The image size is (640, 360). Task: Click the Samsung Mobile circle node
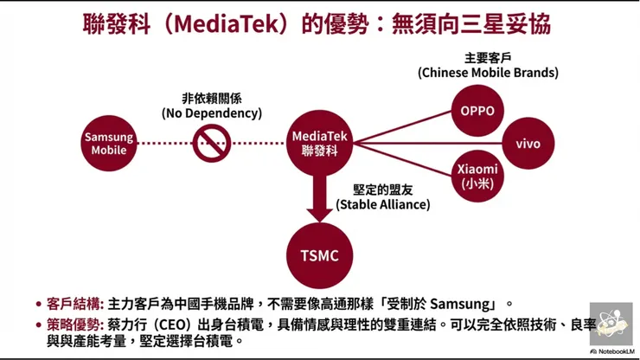pyautogui.click(x=109, y=143)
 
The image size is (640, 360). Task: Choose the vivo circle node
pyautogui.click(x=528, y=143)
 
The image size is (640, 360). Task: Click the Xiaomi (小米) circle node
pyautogui.click(x=477, y=176)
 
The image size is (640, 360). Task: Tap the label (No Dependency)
pyautogui.click(x=211, y=113)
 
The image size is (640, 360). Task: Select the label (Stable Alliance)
pyautogui.click(x=383, y=205)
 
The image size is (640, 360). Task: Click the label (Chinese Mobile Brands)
pyautogui.click(x=488, y=74)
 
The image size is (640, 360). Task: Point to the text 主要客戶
pyautogui.click(x=489, y=58)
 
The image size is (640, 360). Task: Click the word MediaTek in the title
pyautogui.click(x=227, y=22)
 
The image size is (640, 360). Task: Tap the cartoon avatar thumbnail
pyautogui.click(x=611, y=324)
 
